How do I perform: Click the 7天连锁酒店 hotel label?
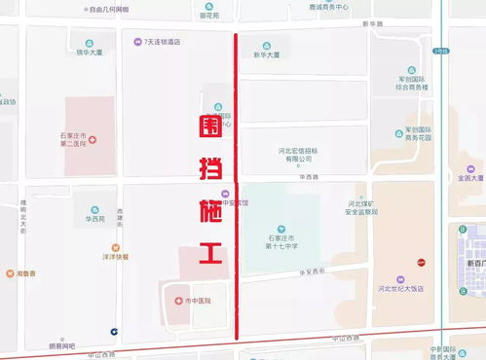point(161,43)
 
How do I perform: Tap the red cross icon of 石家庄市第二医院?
point(93,140)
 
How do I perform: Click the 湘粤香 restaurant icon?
point(9,273)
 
